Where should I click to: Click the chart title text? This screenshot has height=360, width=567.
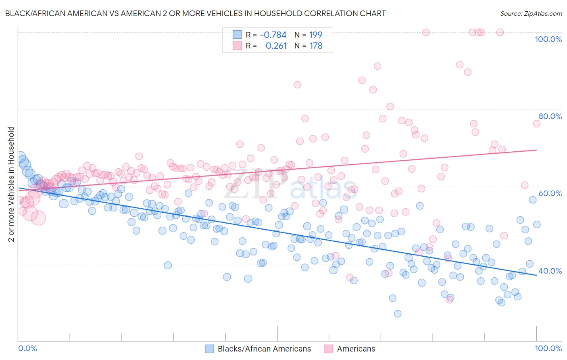[195, 14]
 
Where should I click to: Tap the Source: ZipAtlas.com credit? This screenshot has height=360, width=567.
[531, 14]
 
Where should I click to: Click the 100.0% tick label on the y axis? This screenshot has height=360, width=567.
[548, 39]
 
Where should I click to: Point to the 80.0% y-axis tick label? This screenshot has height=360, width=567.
[550, 116]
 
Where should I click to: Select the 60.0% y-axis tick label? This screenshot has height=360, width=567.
[550, 193]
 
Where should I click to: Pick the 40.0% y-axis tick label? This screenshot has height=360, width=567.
[550, 271]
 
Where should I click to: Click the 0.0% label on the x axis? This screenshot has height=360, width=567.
[28, 348]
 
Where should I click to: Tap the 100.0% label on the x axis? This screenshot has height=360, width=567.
[548, 348]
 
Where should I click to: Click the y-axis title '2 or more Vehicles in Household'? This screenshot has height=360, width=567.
[11, 184]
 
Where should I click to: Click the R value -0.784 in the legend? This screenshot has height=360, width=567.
[273, 35]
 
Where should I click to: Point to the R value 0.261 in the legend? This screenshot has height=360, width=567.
[276, 46]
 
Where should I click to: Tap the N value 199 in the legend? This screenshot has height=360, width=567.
[316, 35]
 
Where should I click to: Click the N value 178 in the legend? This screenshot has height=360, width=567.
[316, 46]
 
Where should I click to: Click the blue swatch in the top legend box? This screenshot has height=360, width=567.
[237, 35]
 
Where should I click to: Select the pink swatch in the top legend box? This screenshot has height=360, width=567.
[237, 46]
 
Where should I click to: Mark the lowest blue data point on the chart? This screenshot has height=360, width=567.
[398, 314]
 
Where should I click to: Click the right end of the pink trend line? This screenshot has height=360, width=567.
[536, 150]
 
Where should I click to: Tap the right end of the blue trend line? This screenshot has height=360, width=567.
[536, 275]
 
